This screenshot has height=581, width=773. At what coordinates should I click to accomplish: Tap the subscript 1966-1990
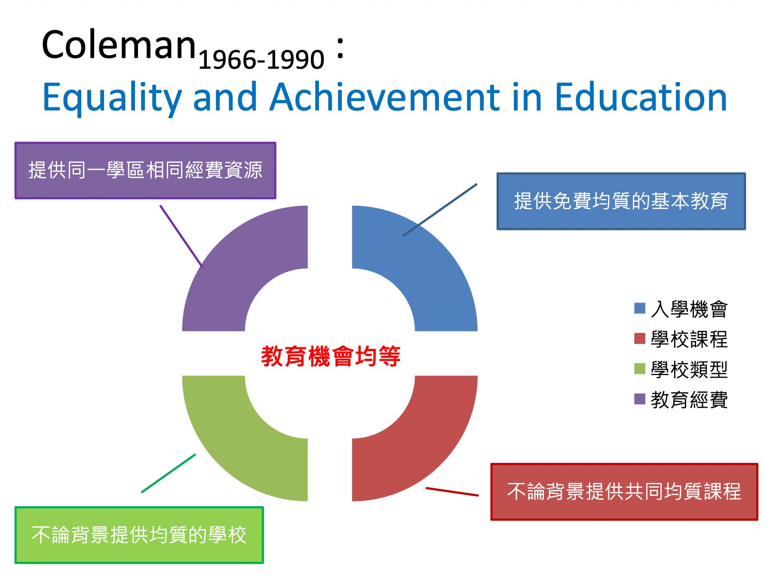click(261, 59)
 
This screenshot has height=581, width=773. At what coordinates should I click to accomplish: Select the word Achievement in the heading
click(385, 98)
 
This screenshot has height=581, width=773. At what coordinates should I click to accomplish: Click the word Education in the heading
click(641, 98)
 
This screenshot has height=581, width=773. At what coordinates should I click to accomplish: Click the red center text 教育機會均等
click(331, 356)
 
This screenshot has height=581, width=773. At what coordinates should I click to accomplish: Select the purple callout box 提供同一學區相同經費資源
click(145, 171)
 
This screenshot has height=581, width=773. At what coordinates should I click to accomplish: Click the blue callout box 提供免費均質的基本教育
click(621, 201)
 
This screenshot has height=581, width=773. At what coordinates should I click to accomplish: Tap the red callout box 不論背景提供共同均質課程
click(624, 492)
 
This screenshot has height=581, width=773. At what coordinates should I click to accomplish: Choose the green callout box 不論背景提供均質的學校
click(139, 535)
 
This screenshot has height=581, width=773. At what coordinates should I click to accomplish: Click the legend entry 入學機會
click(681, 309)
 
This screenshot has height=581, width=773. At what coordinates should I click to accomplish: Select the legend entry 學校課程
click(681, 339)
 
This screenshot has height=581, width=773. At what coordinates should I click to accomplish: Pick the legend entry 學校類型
click(681, 370)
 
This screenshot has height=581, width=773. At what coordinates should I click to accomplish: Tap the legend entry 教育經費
click(681, 400)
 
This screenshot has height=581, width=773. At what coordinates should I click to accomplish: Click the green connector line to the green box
click(169, 473)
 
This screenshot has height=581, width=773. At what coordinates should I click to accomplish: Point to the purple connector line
click(181, 236)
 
